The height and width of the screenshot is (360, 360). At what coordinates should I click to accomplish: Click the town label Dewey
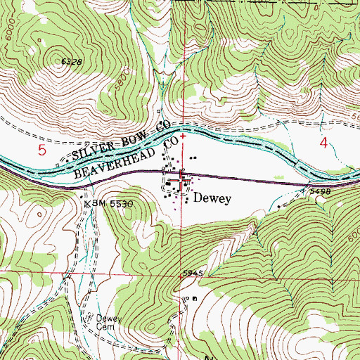[x=212, y=199]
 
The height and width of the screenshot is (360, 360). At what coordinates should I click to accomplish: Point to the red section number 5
[x=42, y=150]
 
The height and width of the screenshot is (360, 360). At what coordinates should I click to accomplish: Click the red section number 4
[x=324, y=144]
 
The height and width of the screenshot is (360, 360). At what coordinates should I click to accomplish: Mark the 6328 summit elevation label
[x=72, y=63]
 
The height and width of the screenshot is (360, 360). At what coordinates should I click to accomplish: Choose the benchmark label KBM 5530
[x=109, y=202]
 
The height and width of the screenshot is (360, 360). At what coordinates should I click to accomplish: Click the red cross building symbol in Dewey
[x=184, y=182]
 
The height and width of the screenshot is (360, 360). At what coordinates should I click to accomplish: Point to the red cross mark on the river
[x=183, y=136]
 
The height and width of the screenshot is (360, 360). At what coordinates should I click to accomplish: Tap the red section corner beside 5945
[x=180, y=276]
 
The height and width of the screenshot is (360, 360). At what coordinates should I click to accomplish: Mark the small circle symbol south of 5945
[x=186, y=299]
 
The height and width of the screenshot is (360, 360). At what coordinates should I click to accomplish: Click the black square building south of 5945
[x=195, y=298]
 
